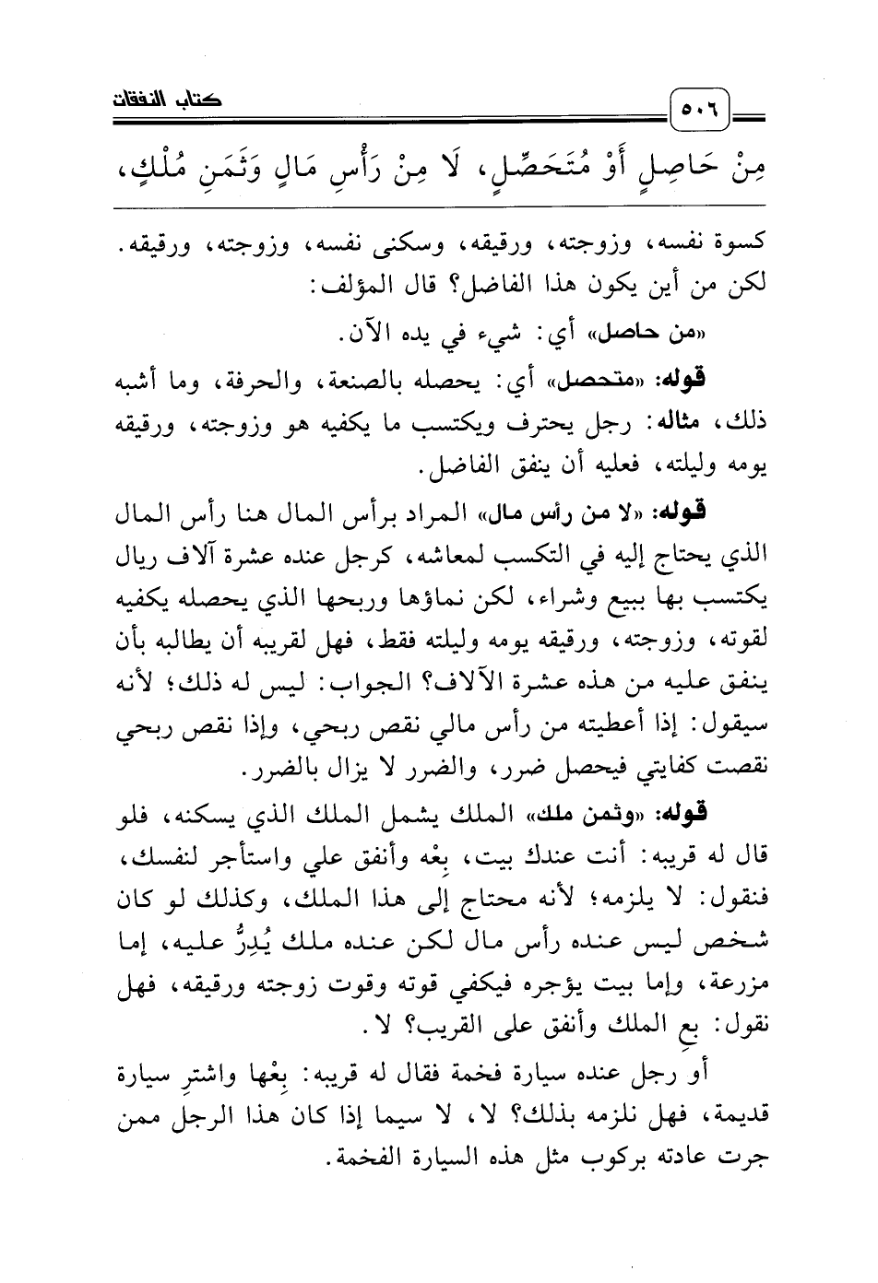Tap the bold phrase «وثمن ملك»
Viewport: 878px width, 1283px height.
(x=619, y=813)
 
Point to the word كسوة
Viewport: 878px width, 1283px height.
(x=738, y=246)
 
